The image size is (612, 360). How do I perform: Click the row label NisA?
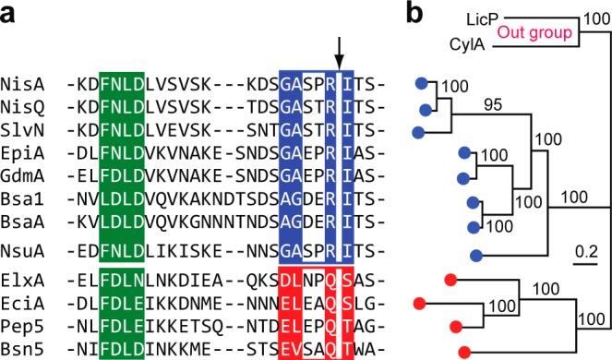21,83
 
